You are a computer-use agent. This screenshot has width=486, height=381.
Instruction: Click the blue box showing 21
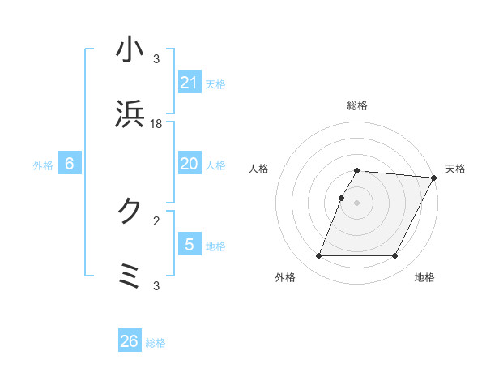190,82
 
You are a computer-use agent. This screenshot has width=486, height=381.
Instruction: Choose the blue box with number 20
190,163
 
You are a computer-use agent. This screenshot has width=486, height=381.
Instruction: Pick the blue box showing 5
190,244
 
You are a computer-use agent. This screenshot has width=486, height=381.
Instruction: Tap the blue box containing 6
70,163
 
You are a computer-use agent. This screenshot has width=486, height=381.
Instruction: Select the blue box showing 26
130,341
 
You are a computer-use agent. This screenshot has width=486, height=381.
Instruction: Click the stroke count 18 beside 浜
157,123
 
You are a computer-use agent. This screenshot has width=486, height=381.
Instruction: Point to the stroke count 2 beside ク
156,220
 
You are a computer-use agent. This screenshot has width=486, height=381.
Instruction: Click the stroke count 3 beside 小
156,59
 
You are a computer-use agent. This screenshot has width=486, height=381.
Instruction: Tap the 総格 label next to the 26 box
156,343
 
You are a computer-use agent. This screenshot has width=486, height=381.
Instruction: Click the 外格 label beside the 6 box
43,165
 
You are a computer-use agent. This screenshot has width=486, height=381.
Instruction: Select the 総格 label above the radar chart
357,105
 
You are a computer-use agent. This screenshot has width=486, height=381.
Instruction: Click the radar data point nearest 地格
395,256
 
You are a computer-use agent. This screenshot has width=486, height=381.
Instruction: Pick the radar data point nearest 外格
318,256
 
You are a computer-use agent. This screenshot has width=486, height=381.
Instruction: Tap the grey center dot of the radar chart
357,203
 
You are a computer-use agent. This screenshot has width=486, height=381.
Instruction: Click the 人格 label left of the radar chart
259,169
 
